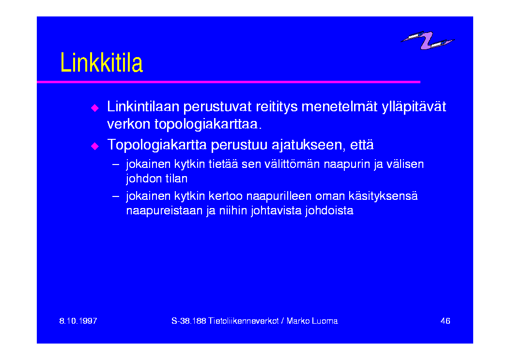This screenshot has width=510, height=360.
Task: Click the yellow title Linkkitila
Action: pyautogui.click(x=102, y=62)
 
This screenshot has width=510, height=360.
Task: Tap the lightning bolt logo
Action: pyautogui.click(x=427, y=40)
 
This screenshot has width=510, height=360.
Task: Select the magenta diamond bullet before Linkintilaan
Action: pyautogui.click(x=94, y=107)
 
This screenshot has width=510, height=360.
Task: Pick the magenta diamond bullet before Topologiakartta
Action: pyautogui.click(x=94, y=146)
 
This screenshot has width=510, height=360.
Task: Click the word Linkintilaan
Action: pyautogui.click(x=143, y=106)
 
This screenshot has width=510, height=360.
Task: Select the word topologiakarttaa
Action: pyautogui.click(x=208, y=124)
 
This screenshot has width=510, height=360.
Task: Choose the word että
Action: pyautogui.click(x=362, y=145)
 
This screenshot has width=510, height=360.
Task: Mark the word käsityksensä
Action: pyautogui.click(x=383, y=196)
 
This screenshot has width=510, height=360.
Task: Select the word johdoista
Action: pyautogui.click(x=329, y=210)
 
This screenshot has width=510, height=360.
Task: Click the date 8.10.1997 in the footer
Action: pyautogui.click(x=78, y=321)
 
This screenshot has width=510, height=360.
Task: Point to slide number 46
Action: pyautogui.click(x=445, y=321)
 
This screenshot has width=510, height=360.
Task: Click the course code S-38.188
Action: pyautogui.click(x=189, y=321)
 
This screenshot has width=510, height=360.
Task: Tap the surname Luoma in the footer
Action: pyautogui.click(x=325, y=321)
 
